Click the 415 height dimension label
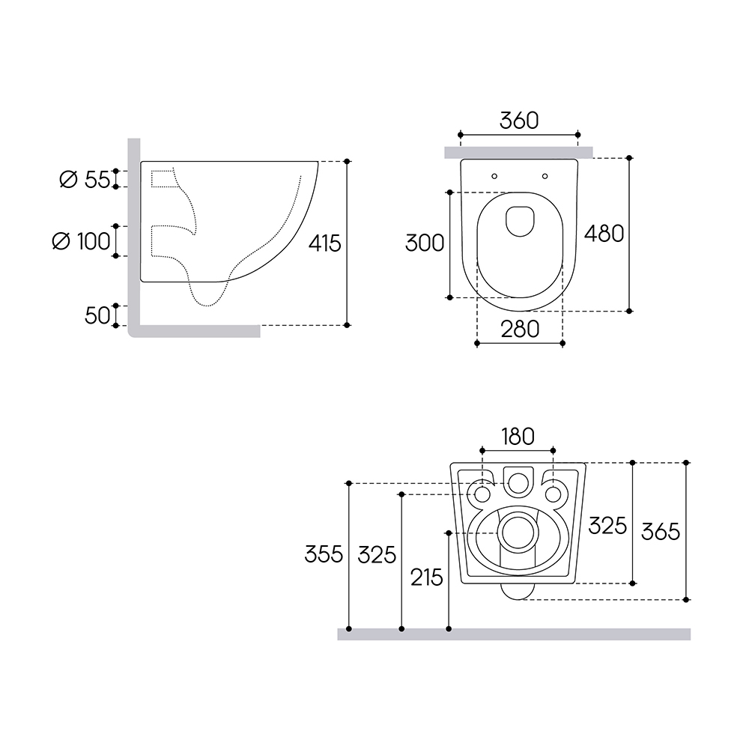click(325, 243)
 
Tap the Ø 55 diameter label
click(85, 180)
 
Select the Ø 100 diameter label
click(81, 241)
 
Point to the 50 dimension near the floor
click(97, 316)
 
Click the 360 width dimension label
click(519, 121)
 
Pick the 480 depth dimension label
click(604, 234)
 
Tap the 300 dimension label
click(425, 243)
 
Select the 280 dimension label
click(520, 329)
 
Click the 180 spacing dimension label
click(518, 437)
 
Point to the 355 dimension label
click(324, 554)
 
